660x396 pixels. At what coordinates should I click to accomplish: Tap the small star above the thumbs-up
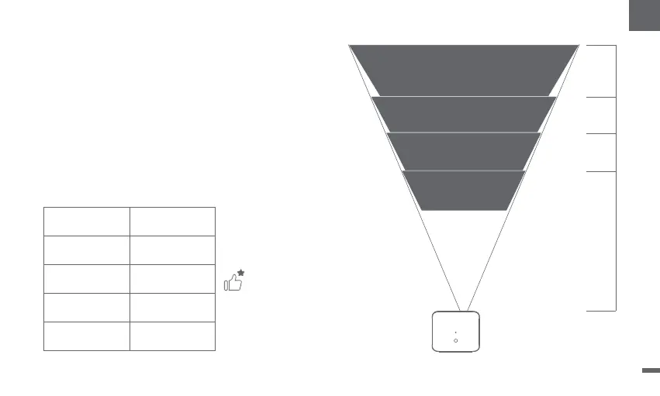coord(241,274)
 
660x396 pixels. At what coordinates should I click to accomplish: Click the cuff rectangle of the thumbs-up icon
coord(226,285)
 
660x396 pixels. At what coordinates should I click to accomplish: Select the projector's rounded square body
coord(456,332)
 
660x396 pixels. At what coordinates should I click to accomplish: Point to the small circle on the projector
coord(456,340)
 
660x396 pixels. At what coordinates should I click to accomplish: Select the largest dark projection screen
coord(464,70)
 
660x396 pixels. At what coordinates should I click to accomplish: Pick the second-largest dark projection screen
coord(464,115)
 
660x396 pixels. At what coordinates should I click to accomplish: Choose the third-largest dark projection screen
coord(464,151)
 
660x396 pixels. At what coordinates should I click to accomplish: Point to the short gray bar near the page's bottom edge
coord(650,370)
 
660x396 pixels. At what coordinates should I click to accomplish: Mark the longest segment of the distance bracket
coord(616,240)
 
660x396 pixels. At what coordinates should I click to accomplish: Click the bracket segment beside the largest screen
coord(616,71)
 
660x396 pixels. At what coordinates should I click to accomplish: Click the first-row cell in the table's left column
coord(86,221)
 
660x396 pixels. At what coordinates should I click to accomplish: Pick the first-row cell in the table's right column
coord(172,221)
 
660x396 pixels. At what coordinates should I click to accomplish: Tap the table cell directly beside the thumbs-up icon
coord(172,278)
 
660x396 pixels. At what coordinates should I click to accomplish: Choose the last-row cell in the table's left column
coord(86,336)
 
